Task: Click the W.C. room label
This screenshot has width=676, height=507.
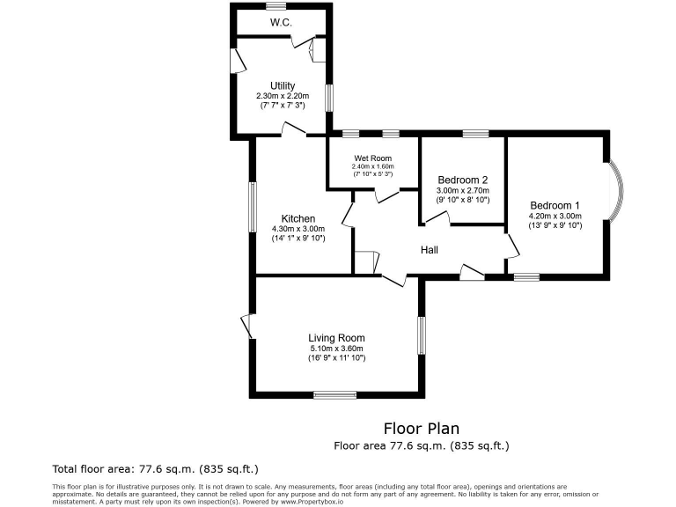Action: (x=281, y=21)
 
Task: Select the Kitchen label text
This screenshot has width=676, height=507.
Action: (x=298, y=218)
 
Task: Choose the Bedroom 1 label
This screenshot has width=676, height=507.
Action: (x=555, y=205)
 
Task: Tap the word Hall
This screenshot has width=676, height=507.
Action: (x=430, y=250)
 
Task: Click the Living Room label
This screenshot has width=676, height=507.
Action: (x=336, y=337)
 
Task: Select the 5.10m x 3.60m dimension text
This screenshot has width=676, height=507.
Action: (x=336, y=348)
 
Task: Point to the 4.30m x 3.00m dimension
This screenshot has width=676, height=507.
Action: (x=298, y=229)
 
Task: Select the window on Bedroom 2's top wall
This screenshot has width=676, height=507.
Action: (x=476, y=134)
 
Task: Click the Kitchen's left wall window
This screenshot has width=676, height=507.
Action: (x=252, y=205)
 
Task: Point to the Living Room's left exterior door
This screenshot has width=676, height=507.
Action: (x=247, y=327)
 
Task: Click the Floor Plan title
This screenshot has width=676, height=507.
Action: (x=421, y=429)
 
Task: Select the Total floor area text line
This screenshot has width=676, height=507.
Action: (x=156, y=468)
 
